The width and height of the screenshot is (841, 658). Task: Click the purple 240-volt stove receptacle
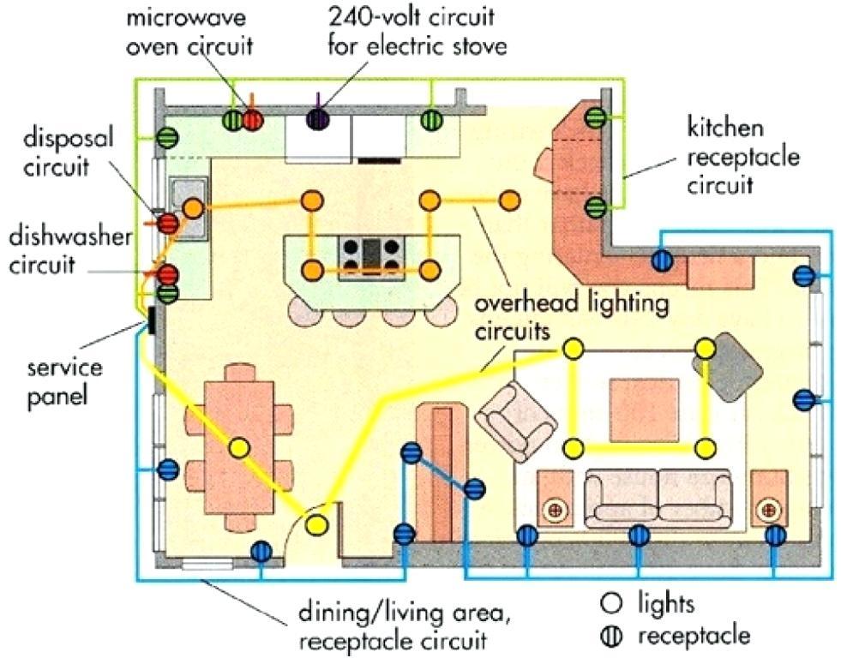(319, 120)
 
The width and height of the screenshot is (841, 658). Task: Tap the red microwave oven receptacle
(252, 120)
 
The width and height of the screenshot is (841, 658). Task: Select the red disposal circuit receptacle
(169, 224)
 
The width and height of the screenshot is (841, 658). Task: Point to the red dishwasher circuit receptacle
(167, 275)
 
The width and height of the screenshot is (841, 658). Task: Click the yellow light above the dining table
(238, 447)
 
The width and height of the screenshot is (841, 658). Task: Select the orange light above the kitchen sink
(194, 207)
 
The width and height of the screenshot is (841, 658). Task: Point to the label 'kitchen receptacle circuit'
(742, 157)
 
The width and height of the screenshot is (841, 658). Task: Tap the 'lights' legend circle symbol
(611, 603)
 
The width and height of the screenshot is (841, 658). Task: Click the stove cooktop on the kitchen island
(371, 254)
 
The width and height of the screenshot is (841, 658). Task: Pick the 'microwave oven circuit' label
(190, 32)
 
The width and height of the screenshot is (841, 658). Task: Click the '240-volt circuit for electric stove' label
(417, 30)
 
